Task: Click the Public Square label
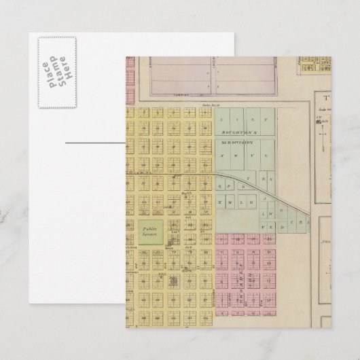click(x=149, y=233)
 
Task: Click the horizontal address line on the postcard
click(x=94, y=143)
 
